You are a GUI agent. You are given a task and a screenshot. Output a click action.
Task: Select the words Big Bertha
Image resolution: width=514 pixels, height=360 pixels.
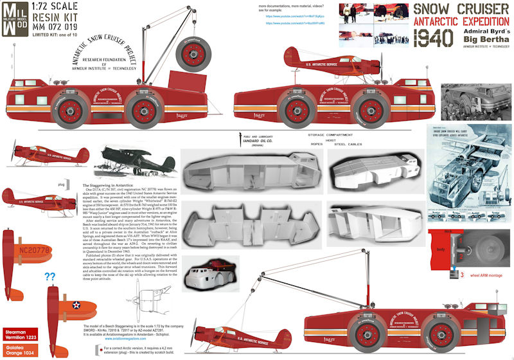click(479, 44)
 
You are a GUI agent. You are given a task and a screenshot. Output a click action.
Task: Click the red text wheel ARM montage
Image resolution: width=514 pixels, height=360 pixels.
click(475, 274)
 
